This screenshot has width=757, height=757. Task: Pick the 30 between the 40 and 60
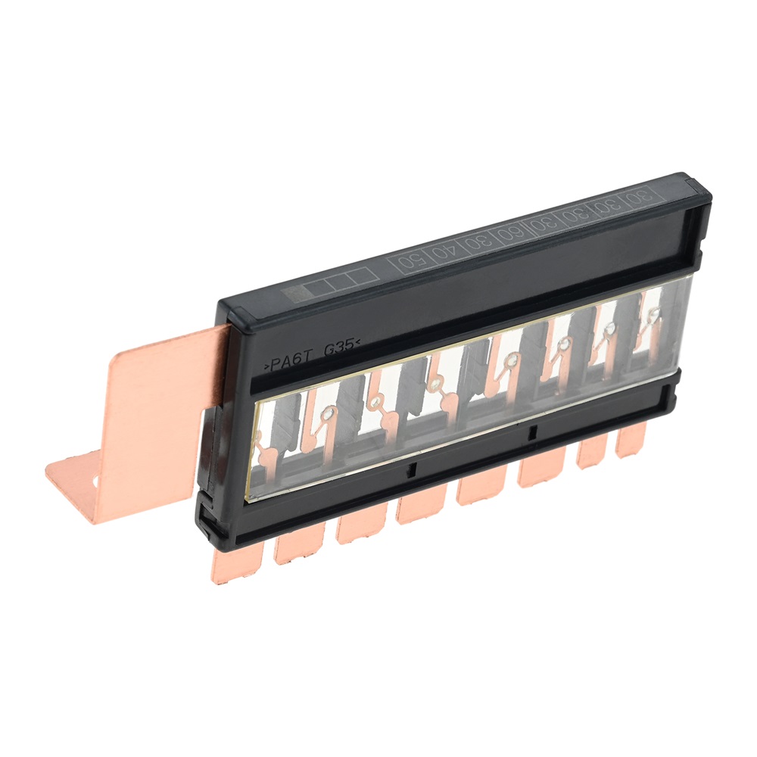(x=476, y=242)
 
